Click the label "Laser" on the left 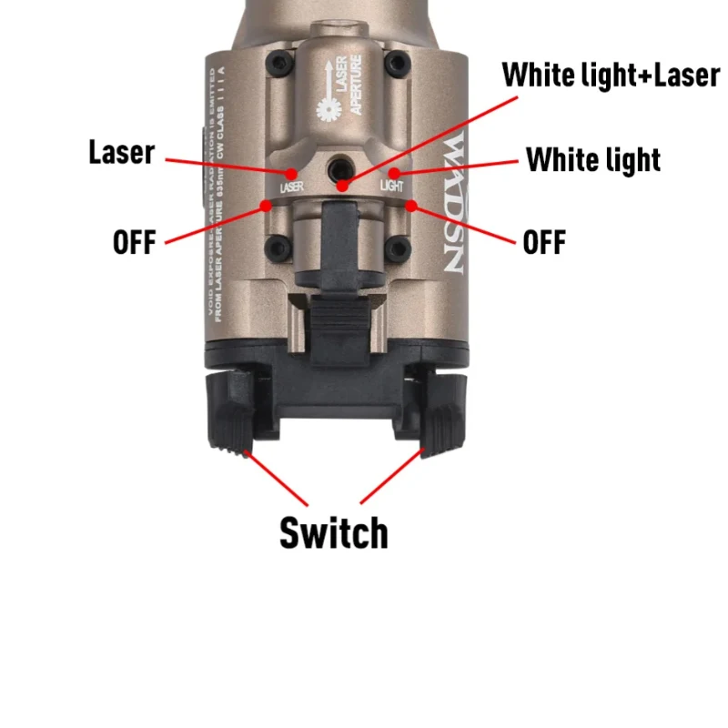[x=122, y=152]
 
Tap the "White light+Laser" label [x=611, y=75]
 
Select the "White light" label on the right [x=593, y=160]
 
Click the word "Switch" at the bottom [x=333, y=532]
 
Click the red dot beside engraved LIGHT [x=393, y=171]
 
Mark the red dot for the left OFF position [x=265, y=205]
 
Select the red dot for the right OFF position [x=411, y=205]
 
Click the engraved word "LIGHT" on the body [x=390, y=186]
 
